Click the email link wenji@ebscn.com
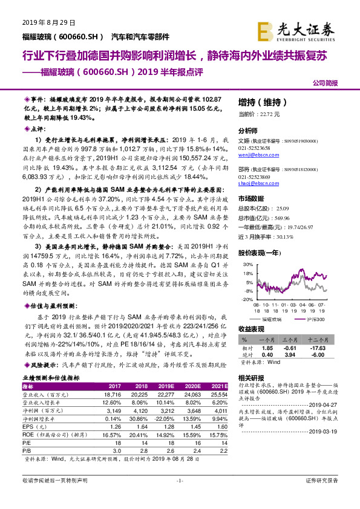click(x=256, y=155)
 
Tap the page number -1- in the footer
click(x=179, y=497)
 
